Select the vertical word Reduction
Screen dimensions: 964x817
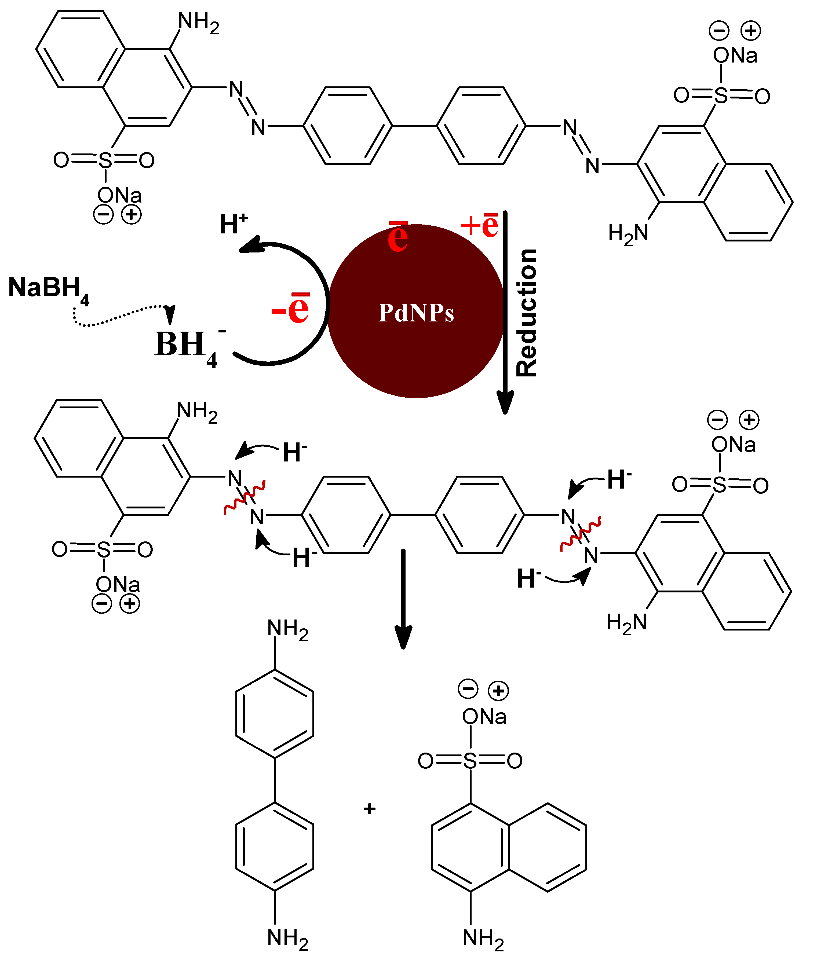click(x=527, y=313)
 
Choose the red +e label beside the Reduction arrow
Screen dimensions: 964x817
click(x=480, y=225)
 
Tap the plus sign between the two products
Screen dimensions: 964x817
click(x=369, y=808)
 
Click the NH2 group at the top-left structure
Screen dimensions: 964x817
click(x=198, y=22)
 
